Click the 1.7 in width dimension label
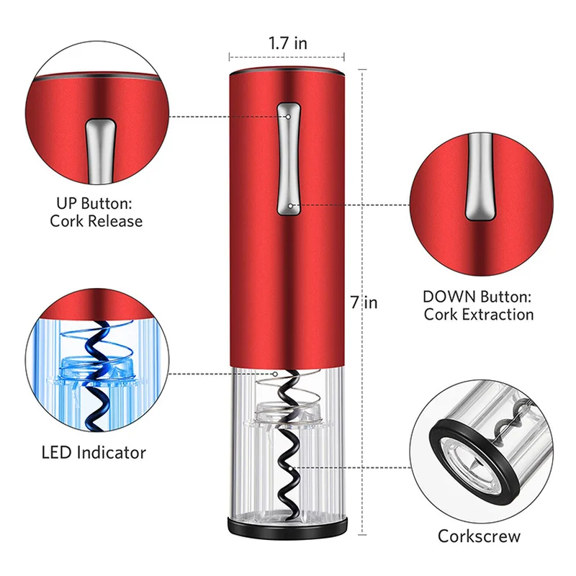[x=288, y=43]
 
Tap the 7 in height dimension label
[x=364, y=302]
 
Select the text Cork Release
[x=96, y=221]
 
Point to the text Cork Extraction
[x=479, y=314]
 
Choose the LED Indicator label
[x=95, y=453]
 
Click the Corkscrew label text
[x=479, y=536]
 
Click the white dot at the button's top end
[x=288, y=115]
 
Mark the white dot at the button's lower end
[x=289, y=205]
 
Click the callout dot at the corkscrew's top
[x=279, y=374]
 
